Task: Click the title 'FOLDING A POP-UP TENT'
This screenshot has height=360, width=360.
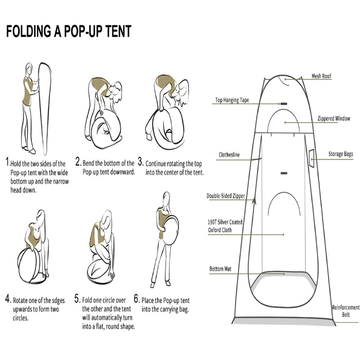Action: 68,31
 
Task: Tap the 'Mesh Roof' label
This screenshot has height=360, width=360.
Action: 321,76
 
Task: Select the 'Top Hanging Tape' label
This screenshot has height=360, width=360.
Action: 232,100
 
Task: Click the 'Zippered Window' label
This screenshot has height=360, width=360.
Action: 333,119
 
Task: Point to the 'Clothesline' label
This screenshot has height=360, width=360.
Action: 229,155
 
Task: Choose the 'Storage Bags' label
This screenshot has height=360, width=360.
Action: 340,154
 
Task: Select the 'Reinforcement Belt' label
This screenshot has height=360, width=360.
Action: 346,311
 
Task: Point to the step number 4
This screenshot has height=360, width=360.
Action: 8,299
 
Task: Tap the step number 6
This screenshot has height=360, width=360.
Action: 137,299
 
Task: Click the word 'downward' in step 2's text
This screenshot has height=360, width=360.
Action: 123,172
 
